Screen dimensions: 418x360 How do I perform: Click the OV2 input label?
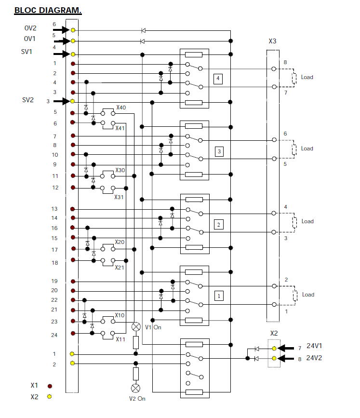coord(30,28)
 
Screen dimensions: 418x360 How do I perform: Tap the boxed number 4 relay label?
coord(218,78)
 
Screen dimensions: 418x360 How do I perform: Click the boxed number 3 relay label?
coord(219,152)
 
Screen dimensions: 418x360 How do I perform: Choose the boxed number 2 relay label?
coord(218,225)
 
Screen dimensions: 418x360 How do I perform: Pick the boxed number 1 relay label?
coord(218,296)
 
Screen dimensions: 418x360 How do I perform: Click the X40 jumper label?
coord(121,108)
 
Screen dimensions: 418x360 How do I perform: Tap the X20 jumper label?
coord(120,242)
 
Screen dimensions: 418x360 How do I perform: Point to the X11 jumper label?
coord(120,339)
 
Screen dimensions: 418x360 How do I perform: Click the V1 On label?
coord(153,327)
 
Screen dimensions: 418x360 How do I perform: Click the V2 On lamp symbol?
coord(136,389)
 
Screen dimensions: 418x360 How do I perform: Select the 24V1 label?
coord(315,347)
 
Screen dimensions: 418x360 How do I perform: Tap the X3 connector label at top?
coord(272,41)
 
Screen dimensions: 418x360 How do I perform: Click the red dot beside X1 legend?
coord(49,386)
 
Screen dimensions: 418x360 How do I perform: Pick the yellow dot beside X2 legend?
coord(49,397)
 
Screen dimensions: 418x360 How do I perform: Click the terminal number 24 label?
coord(54,335)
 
